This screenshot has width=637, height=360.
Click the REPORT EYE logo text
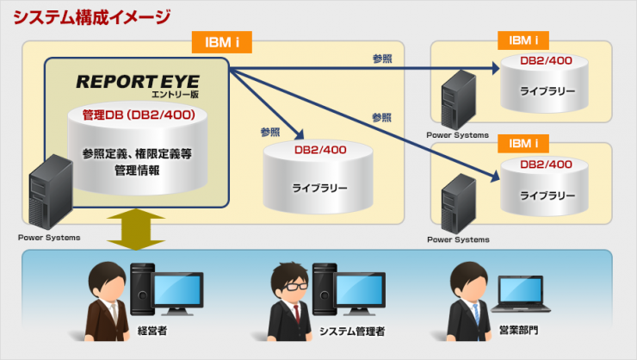pyautogui.click(x=137, y=82)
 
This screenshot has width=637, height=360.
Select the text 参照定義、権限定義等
pyautogui.click(x=138, y=154)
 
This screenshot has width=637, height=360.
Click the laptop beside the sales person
pyautogui.click(x=523, y=294)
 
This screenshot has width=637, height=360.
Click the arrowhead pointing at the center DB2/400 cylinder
pyautogui.click(x=302, y=134)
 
